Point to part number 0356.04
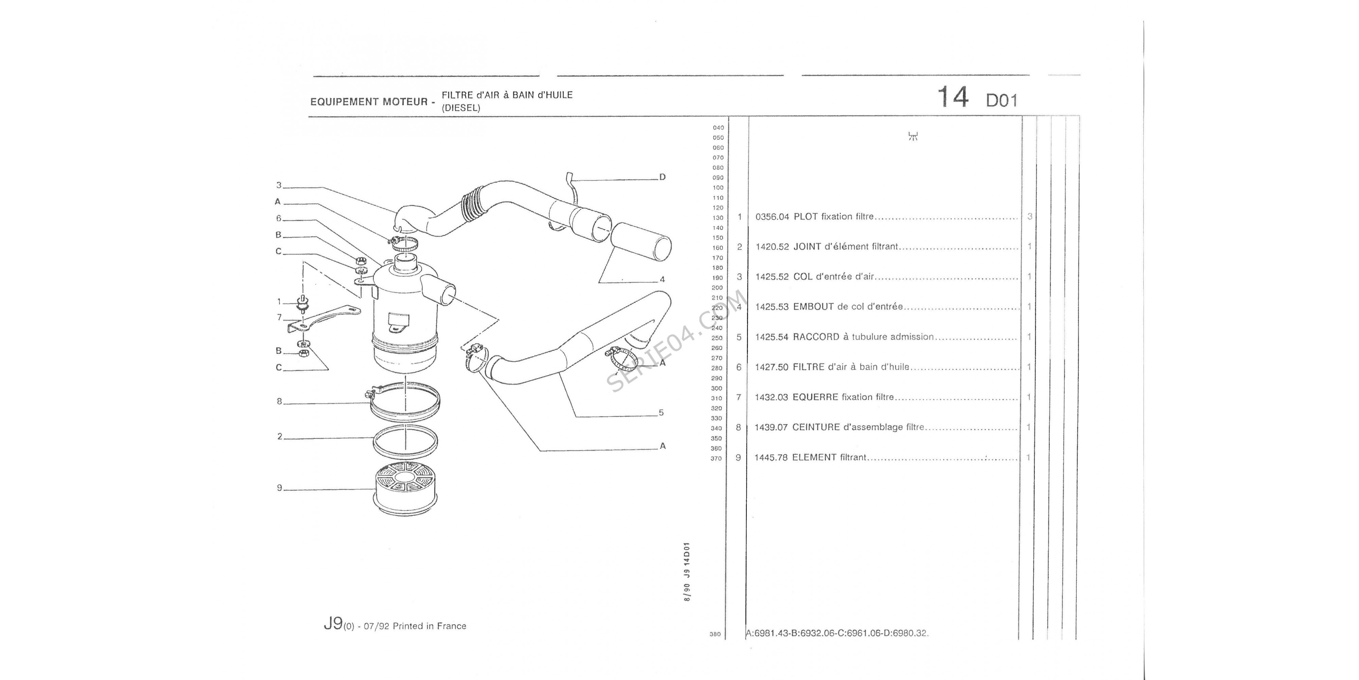tap(772, 217)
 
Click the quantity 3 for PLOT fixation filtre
tap(1029, 217)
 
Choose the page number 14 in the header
tap(952, 98)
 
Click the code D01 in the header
tap(1001, 100)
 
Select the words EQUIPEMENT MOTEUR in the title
tap(369, 101)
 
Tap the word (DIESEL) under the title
tap(461, 108)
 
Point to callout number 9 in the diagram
tap(280, 488)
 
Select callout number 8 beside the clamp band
tap(280, 401)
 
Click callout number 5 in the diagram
tap(661, 413)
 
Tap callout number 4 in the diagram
tap(662, 279)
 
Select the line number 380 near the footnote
tap(715, 634)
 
